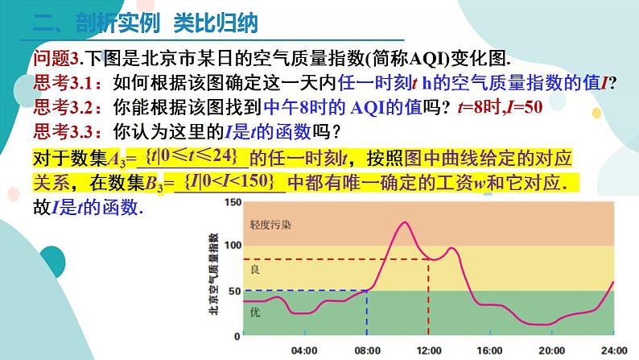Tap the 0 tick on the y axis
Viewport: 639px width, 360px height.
(x=237, y=335)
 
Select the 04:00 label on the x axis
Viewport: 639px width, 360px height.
(x=303, y=350)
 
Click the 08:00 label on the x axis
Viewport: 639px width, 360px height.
(x=366, y=350)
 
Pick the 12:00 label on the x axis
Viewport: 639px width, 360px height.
(x=428, y=350)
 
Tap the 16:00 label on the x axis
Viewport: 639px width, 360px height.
(x=490, y=350)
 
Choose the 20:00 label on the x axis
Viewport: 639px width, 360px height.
(x=551, y=350)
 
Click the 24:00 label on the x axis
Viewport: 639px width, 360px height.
(x=613, y=350)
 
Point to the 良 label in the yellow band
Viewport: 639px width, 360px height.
(x=255, y=267)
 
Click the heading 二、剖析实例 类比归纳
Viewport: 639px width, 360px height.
(x=149, y=23)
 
